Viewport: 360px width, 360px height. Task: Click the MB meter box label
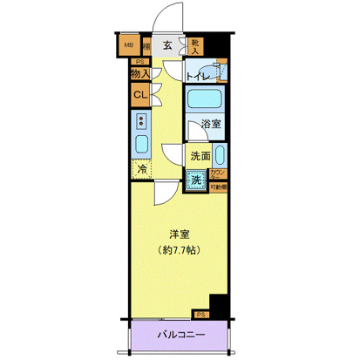[x=127, y=46]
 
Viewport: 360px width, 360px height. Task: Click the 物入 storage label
[x=139, y=76]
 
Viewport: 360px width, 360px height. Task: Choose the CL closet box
[x=139, y=96]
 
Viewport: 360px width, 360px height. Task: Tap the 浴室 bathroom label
[x=210, y=124]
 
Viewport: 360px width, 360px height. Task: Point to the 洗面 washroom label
[x=200, y=157]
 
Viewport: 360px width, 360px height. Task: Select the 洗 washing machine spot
[x=198, y=180]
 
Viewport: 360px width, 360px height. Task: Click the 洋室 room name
[x=180, y=234]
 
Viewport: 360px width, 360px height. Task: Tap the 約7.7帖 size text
[x=180, y=251]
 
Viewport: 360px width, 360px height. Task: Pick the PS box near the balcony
[x=201, y=314]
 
